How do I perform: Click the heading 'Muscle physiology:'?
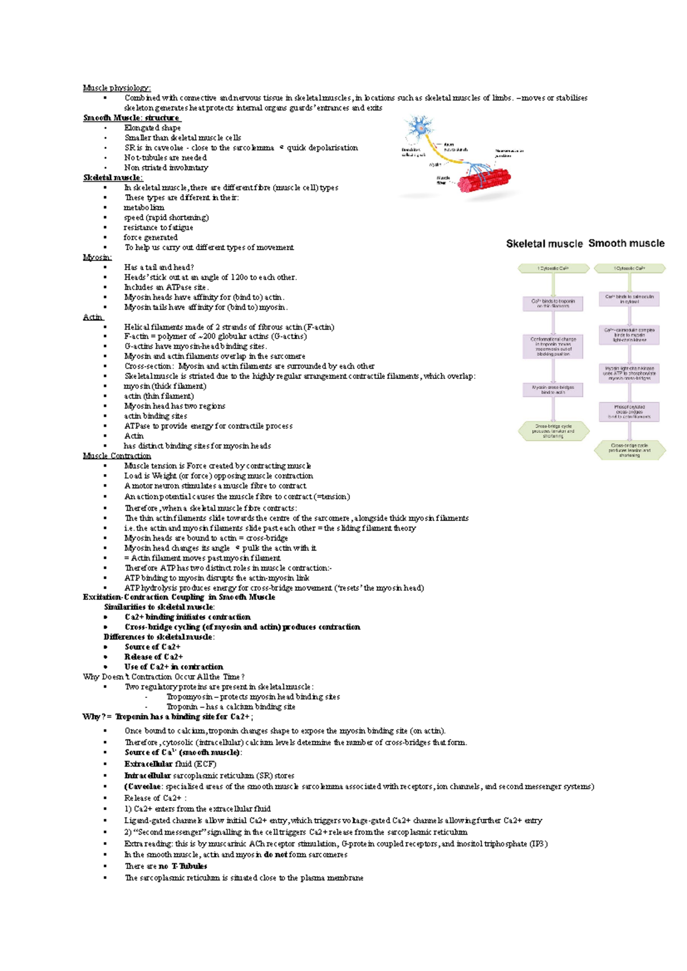click(117, 88)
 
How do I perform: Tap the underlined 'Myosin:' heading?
click(97, 257)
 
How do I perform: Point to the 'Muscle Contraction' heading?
click(117, 456)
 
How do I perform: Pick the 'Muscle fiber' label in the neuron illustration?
click(443, 180)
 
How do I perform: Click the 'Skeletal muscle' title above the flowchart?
click(544, 243)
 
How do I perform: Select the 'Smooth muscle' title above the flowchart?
click(626, 243)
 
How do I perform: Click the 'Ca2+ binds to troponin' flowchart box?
click(553, 303)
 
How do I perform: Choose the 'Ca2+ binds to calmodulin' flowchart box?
click(629, 299)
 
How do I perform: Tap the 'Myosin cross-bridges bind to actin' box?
click(553, 390)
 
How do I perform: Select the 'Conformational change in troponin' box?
click(553, 346)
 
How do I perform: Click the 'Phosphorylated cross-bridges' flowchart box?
click(629, 412)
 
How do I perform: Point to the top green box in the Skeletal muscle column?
click(553, 268)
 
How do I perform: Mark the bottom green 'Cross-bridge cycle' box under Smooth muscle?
click(629, 450)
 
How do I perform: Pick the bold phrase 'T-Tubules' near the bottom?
click(189, 866)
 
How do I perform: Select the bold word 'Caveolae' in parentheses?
click(144, 787)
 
